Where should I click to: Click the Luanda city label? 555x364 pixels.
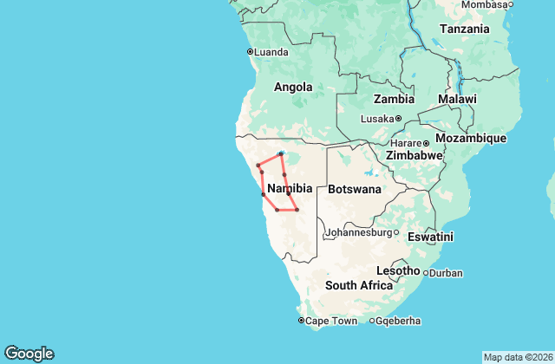tap(271, 52)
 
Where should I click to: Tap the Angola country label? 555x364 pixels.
tap(293, 87)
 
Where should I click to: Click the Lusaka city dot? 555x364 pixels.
tap(399, 119)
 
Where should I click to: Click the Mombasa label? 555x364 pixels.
tap(485, 4)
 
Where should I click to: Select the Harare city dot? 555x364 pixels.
tap(427, 143)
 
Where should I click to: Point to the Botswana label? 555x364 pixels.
tap(355, 188)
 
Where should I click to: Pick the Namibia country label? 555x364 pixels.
tap(290, 188)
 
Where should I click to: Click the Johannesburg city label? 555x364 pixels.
tap(358, 232)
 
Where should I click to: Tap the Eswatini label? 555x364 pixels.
tap(430, 236)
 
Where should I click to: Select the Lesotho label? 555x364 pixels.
tap(398, 270)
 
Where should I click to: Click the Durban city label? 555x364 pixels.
tap(446, 273)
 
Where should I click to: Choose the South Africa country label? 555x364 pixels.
tap(359, 285)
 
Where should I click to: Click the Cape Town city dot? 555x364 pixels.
tap(301, 321)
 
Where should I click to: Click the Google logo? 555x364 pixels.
tap(29, 354)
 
